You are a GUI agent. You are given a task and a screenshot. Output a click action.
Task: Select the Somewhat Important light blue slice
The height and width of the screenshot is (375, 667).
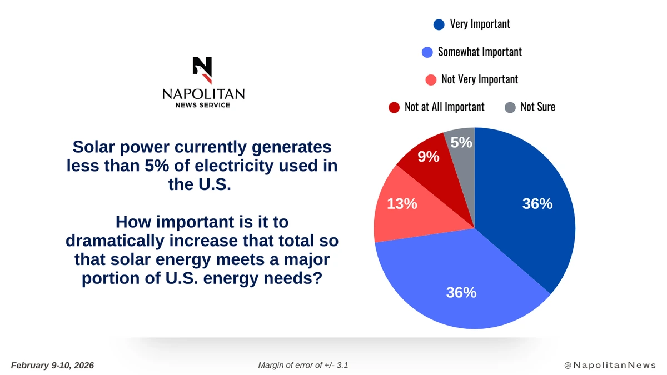(x=461, y=278)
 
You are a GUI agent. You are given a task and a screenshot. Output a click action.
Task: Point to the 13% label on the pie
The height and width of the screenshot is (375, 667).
(x=402, y=204)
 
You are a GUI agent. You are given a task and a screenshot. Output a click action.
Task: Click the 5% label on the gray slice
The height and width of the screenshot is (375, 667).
(x=461, y=143)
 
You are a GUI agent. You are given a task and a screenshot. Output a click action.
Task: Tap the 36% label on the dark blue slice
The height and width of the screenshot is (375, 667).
(x=537, y=204)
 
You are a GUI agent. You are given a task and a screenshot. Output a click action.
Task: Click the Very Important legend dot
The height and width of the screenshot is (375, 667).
(x=439, y=24)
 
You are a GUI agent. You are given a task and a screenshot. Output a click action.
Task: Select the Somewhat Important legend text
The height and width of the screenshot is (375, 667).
(x=480, y=52)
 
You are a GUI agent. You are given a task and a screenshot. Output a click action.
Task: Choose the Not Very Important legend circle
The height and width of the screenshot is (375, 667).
(x=431, y=79)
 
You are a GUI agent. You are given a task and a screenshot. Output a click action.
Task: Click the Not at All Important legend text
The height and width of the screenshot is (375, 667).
(x=444, y=107)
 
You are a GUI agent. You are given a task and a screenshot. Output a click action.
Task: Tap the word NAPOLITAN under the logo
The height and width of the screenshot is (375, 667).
(x=203, y=94)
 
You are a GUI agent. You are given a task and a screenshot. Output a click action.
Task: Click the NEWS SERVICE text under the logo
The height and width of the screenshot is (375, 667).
(x=203, y=105)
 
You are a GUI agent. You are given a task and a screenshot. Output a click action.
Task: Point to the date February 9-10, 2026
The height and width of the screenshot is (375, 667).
(x=52, y=365)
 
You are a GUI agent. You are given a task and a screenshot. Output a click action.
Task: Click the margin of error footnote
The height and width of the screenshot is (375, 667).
(x=303, y=365)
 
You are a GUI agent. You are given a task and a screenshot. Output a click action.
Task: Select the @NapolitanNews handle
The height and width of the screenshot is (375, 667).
(x=610, y=365)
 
